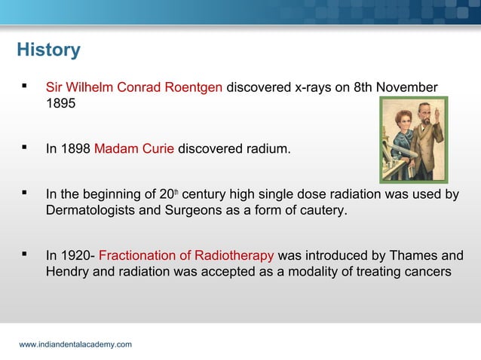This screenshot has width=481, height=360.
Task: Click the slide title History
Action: coord(48,50)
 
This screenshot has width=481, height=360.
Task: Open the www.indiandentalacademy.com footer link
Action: coord(75,344)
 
